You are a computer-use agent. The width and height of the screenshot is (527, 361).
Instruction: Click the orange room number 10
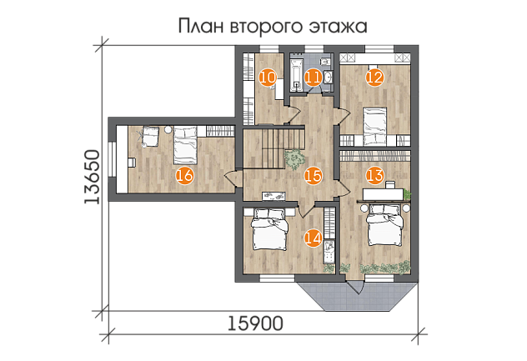pos(268,78)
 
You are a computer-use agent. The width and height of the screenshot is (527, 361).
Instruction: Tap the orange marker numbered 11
pos(314,78)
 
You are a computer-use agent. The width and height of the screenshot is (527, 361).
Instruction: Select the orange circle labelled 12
pos(374,78)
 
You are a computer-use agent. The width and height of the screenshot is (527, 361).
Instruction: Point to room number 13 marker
pos(374,175)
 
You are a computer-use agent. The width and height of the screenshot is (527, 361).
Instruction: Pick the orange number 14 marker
pos(314,238)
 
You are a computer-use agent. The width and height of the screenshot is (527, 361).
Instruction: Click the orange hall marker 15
pos(314,176)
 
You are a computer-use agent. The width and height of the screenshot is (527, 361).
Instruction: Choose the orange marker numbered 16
pos(185,176)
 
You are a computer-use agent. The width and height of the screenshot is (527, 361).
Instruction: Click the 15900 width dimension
pos(255,323)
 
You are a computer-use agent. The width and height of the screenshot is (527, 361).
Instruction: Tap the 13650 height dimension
pos(92,177)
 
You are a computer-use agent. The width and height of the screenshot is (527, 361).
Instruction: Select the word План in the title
pos(201,26)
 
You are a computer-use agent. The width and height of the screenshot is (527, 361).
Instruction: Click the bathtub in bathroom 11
pos(297,75)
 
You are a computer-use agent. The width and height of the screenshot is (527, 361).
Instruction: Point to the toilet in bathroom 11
pos(324,62)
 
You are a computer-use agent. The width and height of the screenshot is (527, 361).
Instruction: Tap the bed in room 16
pos(185,145)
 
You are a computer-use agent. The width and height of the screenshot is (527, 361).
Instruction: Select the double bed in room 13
pos(385,224)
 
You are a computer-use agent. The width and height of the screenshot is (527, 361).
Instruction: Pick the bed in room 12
pos(374,127)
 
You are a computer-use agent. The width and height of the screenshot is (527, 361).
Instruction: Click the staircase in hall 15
pos(274,147)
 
